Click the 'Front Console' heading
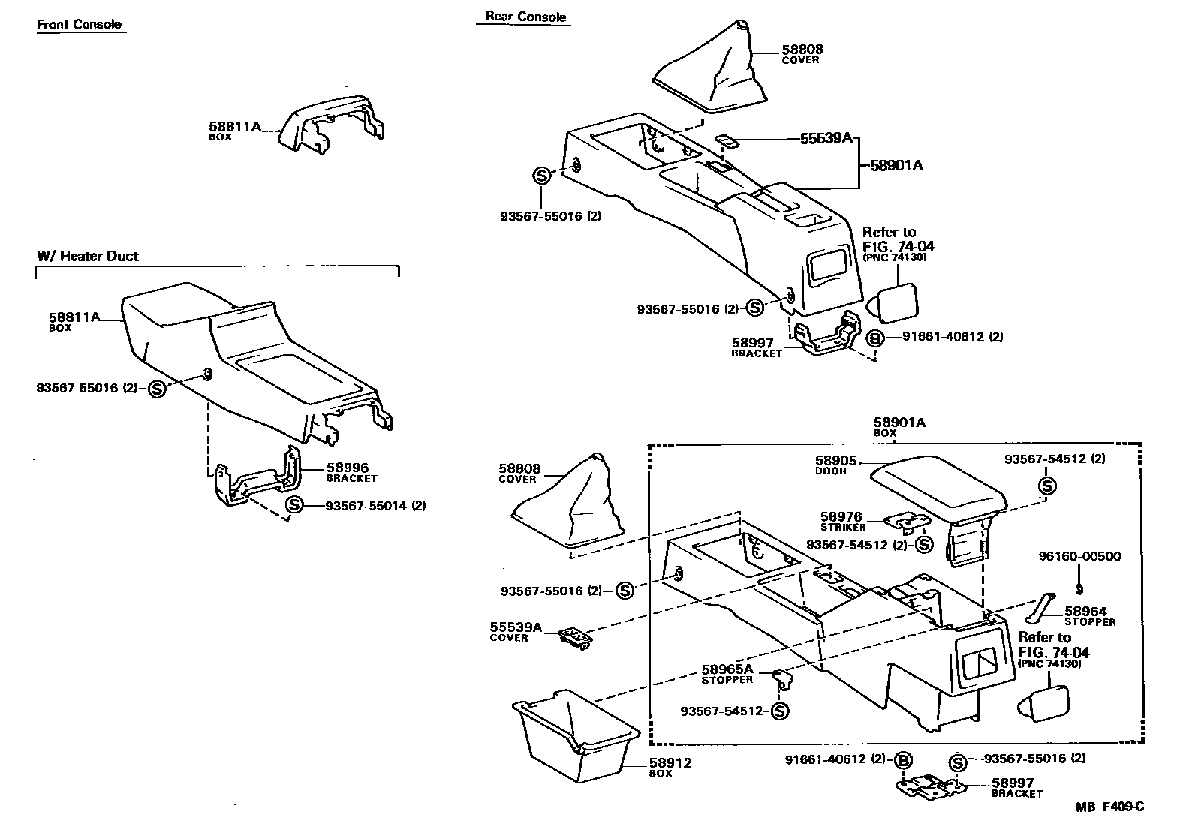click(79, 24)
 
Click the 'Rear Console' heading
click(525, 17)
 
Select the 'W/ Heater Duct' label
click(88, 256)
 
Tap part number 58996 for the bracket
click(347, 468)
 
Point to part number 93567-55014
click(375, 505)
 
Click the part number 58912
click(670, 763)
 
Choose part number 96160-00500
click(1079, 556)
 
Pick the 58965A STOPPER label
click(727, 672)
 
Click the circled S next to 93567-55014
click(293, 505)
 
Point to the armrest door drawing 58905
click(938, 492)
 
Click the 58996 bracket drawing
click(255, 480)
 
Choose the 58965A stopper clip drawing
click(781, 679)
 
